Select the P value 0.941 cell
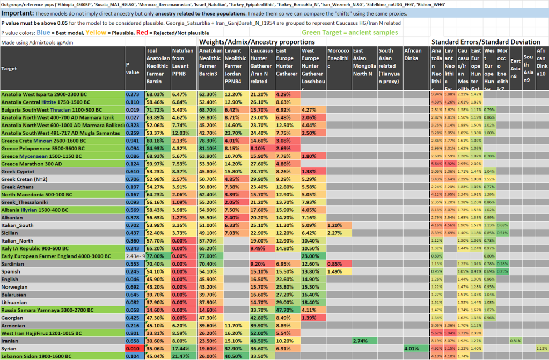(x=133, y=139)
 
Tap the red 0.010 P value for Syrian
(x=133, y=348)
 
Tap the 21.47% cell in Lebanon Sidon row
(x=182, y=356)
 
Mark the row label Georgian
(x=12, y=317)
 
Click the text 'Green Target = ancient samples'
(x=349, y=32)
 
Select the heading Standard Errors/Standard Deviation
(x=486, y=42)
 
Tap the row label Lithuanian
(x=13, y=302)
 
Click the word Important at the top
(x=18, y=13)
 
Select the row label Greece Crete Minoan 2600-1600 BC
(x=44, y=139)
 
